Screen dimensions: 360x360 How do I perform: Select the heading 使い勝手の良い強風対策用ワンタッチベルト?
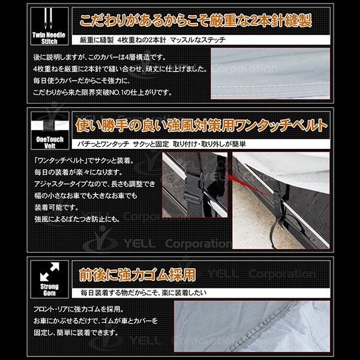pyautogui.click(x=201, y=125)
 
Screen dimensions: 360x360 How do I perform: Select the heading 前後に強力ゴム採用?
pyautogui.click(x=137, y=274)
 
